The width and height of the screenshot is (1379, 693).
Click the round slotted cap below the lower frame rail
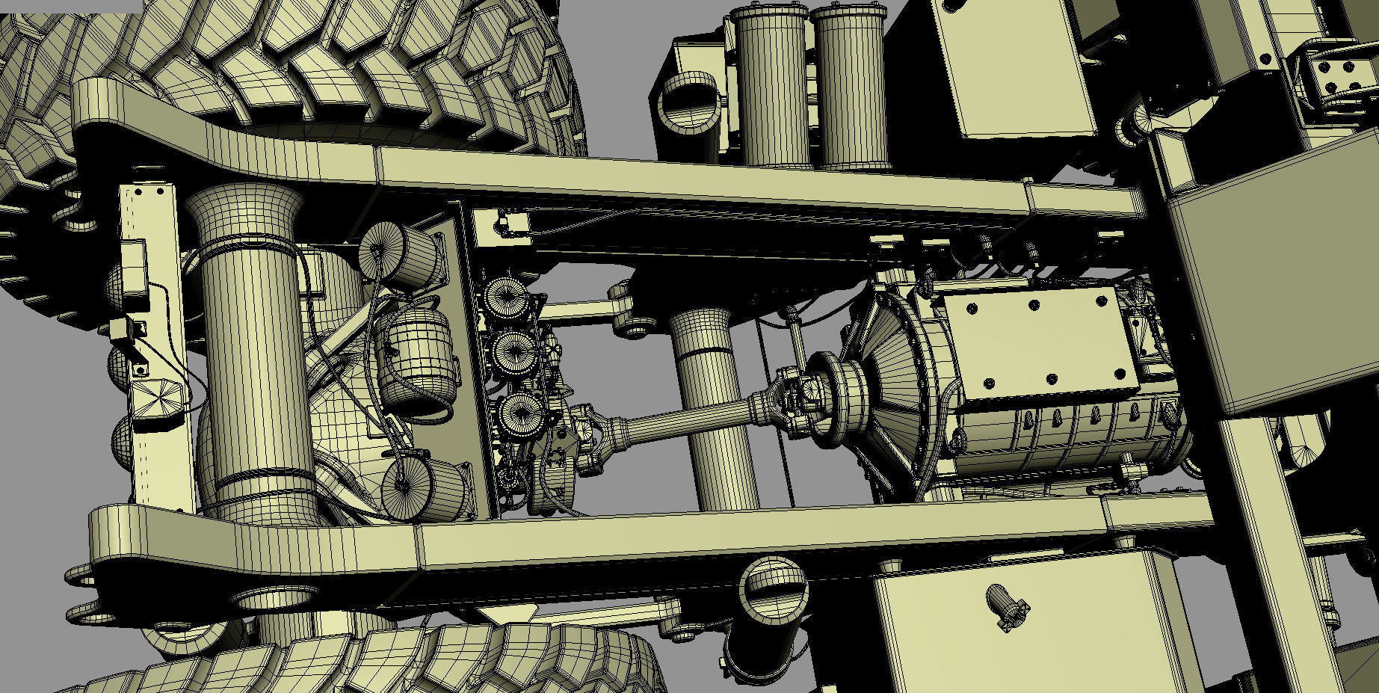[x=774, y=586]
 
